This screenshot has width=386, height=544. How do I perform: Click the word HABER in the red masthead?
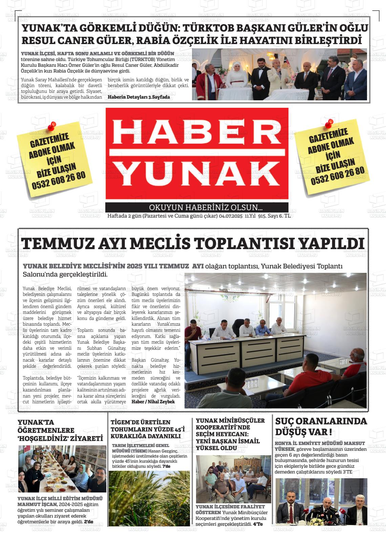(x=197, y=133)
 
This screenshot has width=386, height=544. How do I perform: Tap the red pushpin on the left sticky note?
(x=52, y=126)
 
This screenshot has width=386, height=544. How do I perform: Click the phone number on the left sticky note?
(x=59, y=181)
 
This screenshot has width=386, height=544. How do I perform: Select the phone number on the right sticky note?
(x=338, y=176)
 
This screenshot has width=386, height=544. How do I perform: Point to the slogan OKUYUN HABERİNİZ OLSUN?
(x=206, y=207)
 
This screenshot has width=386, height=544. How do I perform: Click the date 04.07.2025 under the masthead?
(x=231, y=216)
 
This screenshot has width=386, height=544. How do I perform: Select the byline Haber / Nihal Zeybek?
(x=153, y=402)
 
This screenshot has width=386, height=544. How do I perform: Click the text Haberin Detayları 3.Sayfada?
(x=139, y=97)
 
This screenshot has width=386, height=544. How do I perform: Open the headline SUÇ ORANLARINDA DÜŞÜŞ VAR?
(x=321, y=426)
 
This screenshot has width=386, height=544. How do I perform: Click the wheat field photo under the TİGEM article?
(x=149, y=498)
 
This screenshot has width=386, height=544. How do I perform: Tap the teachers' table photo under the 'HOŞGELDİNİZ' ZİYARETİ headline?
(x=62, y=469)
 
